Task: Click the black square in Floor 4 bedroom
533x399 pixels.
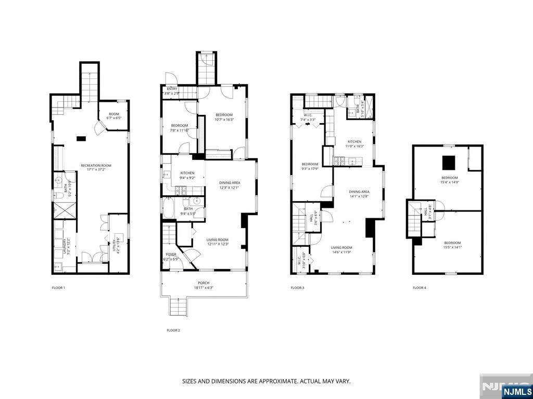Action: (x=449, y=163)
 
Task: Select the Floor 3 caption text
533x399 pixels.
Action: (x=297, y=287)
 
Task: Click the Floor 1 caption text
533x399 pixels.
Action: (x=58, y=287)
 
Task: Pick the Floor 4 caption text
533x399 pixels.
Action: (x=419, y=287)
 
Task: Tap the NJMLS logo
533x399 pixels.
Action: (x=517, y=391)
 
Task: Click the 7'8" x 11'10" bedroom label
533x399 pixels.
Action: (x=180, y=128)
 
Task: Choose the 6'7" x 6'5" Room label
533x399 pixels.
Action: (x=113, y=116)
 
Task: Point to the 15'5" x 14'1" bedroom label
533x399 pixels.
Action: (x=452, y=245)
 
